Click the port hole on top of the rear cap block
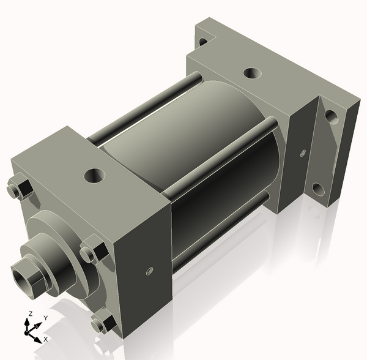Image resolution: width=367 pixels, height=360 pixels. pos(251,73)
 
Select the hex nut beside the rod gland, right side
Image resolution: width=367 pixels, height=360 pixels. pos(93,252)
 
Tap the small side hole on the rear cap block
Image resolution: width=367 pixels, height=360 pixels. pos(302,152)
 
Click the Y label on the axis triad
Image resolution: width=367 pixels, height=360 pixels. pos(45,319)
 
